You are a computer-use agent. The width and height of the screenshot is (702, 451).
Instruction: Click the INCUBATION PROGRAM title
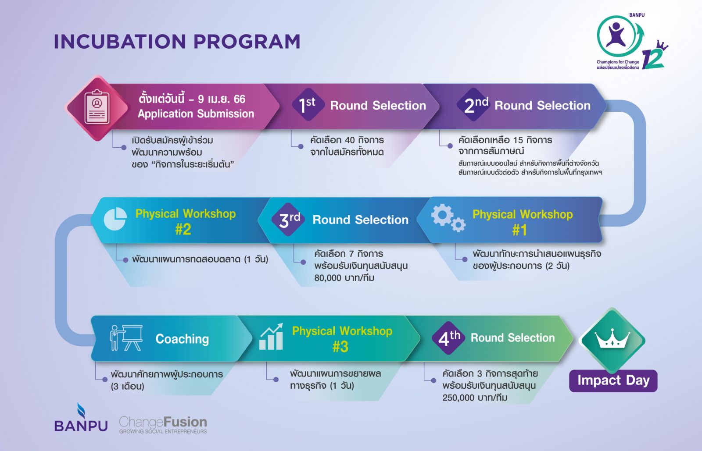point(177,42)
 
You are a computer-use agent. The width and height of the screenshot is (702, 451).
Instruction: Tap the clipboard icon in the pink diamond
point(97,107)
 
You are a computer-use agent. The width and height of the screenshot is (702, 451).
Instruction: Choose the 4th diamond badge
point(448,338)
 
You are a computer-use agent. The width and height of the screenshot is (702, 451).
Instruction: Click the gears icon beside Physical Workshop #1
point(448,218)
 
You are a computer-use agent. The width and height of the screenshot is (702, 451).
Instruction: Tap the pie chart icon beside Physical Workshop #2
point(115,219)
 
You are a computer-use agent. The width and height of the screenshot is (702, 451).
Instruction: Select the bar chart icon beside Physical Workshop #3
point(272,337)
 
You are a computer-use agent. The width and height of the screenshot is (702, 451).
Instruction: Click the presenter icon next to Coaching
point(126,337)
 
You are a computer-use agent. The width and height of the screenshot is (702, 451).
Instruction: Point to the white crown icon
point(612,338)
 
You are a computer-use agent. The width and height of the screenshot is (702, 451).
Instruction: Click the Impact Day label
point(613,380)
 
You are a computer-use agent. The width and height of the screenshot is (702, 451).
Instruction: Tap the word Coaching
point(182,339)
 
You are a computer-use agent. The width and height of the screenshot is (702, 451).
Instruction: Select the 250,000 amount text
point(458,398)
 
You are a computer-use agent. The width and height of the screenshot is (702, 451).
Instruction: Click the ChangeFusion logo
point(163,425)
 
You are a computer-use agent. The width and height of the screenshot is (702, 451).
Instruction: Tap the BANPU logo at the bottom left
point(81,418)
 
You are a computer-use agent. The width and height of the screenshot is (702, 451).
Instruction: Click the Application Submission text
point(196,114)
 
